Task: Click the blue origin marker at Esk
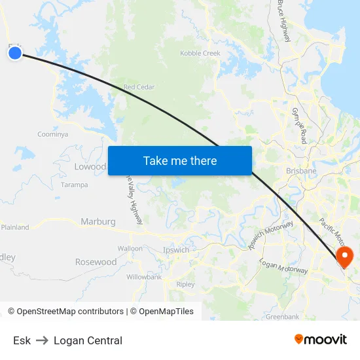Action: pos(15,53)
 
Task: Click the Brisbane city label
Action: pos(301,171)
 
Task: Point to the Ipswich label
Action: pos(175,250)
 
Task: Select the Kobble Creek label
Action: pos(200,53)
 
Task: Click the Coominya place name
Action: pos(52,134)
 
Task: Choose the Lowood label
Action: pos(90,167)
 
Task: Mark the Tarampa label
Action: pos(74,185)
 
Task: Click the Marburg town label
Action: pos(98,222)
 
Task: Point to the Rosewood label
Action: pos(96,262)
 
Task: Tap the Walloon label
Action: pos(130,249)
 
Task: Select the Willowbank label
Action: pos(144,277)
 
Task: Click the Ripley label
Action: pos(186,285)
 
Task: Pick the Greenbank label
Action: pos(282,317)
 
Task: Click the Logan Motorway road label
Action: pos(283,266)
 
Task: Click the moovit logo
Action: pos(320,340)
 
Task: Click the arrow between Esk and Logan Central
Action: pos(42,340)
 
